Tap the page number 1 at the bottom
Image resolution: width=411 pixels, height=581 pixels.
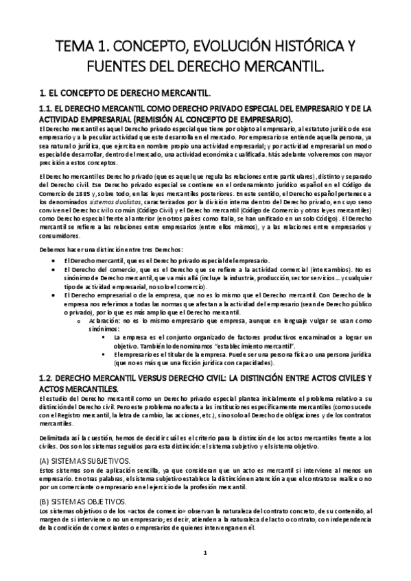pyautogui.click(x=205, y=552)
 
